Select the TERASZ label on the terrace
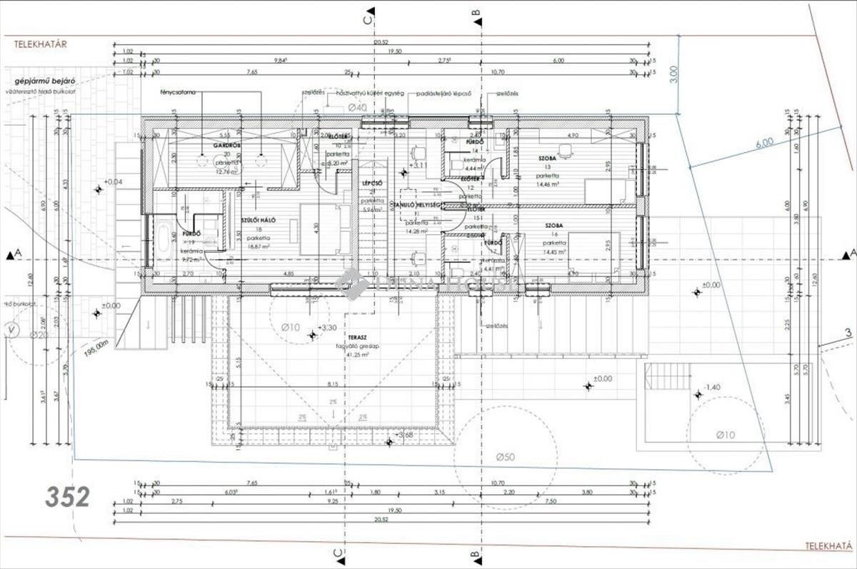click(x=357, y=335)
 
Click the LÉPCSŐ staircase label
click(x=370, y=183)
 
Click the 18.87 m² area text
click(x=258, y=246)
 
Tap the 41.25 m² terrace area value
click(x=357, y=354)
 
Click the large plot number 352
click(x=68, y=497)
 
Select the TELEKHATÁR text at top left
click(x=41, y=44)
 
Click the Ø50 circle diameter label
click(x=508, y=456)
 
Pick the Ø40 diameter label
click(x=357, y=107)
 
